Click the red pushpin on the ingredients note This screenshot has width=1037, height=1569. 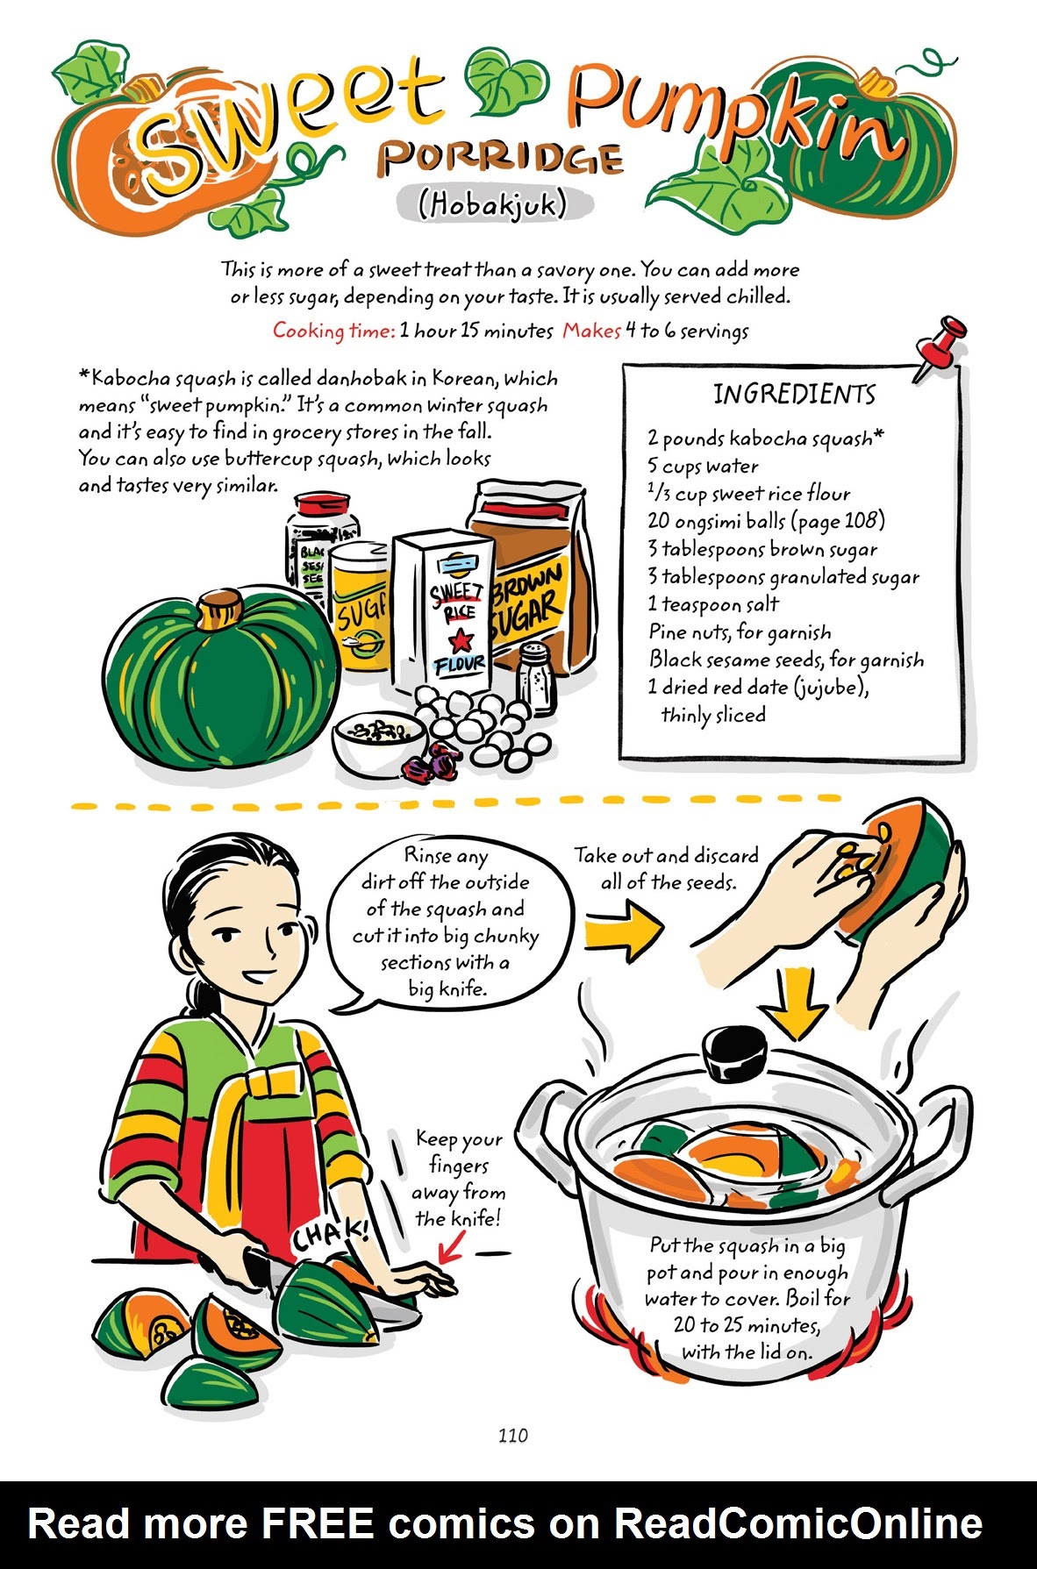pos(940,348)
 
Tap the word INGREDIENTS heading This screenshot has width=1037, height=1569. pos(794,395)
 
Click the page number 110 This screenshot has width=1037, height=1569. pos(512,1436)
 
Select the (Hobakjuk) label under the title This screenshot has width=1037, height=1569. pos(493,204)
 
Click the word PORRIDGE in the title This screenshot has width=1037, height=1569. pos(501,158)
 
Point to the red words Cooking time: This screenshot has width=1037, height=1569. pos(333,331)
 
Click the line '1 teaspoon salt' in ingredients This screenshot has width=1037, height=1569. pos(712,604)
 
